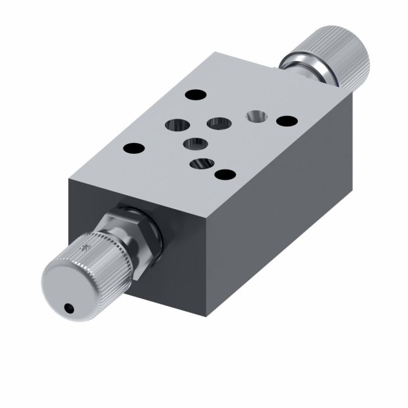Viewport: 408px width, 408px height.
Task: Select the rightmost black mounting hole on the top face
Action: (x=286, y=121)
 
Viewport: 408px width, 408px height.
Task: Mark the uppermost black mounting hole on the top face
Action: (x=195, y=94)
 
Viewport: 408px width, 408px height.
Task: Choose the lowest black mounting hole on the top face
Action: (x=224, y=174)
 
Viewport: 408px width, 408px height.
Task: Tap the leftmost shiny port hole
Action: (x=176, y=125)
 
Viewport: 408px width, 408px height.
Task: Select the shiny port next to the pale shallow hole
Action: (x=219, y=123)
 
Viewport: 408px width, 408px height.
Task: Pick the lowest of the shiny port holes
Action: (x=201, y=165)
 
